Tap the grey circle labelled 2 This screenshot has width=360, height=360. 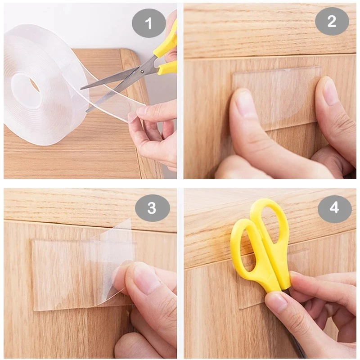(332, 21)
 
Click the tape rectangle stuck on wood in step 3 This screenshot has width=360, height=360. (63, 274)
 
